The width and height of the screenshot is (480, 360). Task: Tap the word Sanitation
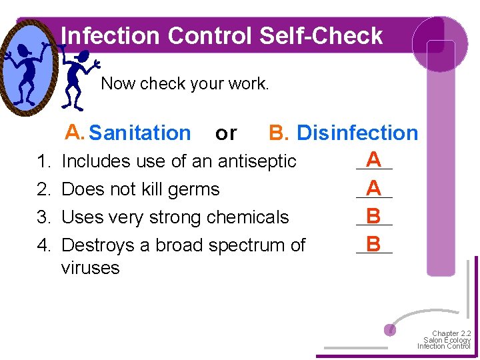pos(139,133)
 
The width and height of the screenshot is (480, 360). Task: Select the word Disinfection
pos(357,133)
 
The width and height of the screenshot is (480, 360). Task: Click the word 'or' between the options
pos(226,134)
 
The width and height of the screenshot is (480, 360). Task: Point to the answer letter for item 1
pos(374,160)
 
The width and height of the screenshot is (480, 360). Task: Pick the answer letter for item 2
pos(374,189)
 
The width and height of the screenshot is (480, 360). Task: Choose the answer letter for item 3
pos(374,217)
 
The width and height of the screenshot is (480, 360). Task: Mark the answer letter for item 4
pos(374,245)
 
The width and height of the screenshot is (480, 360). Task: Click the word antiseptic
pos(256,161)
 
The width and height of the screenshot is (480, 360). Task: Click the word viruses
pos(90,268)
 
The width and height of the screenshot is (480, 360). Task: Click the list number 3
pos(44,217)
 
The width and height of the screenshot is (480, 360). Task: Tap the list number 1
pos(44,161)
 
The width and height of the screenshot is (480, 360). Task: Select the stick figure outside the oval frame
pos(79,77)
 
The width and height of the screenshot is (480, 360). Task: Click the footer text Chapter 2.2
pos(451,333)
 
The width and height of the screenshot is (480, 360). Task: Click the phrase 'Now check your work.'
pos(185,84)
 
